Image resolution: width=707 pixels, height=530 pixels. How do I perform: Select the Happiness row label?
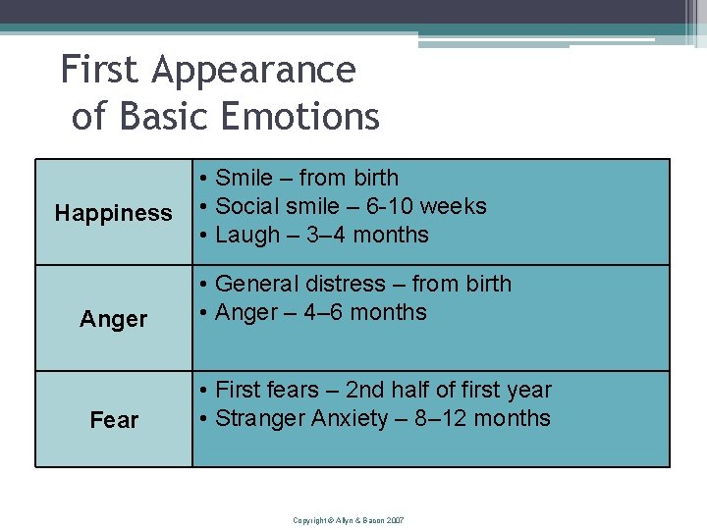113,213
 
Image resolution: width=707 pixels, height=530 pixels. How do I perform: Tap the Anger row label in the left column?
114,319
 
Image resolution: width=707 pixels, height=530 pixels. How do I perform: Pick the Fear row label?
114,420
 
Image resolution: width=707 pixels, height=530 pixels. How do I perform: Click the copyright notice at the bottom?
349,519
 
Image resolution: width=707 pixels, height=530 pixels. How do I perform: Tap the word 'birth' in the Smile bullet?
375,178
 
